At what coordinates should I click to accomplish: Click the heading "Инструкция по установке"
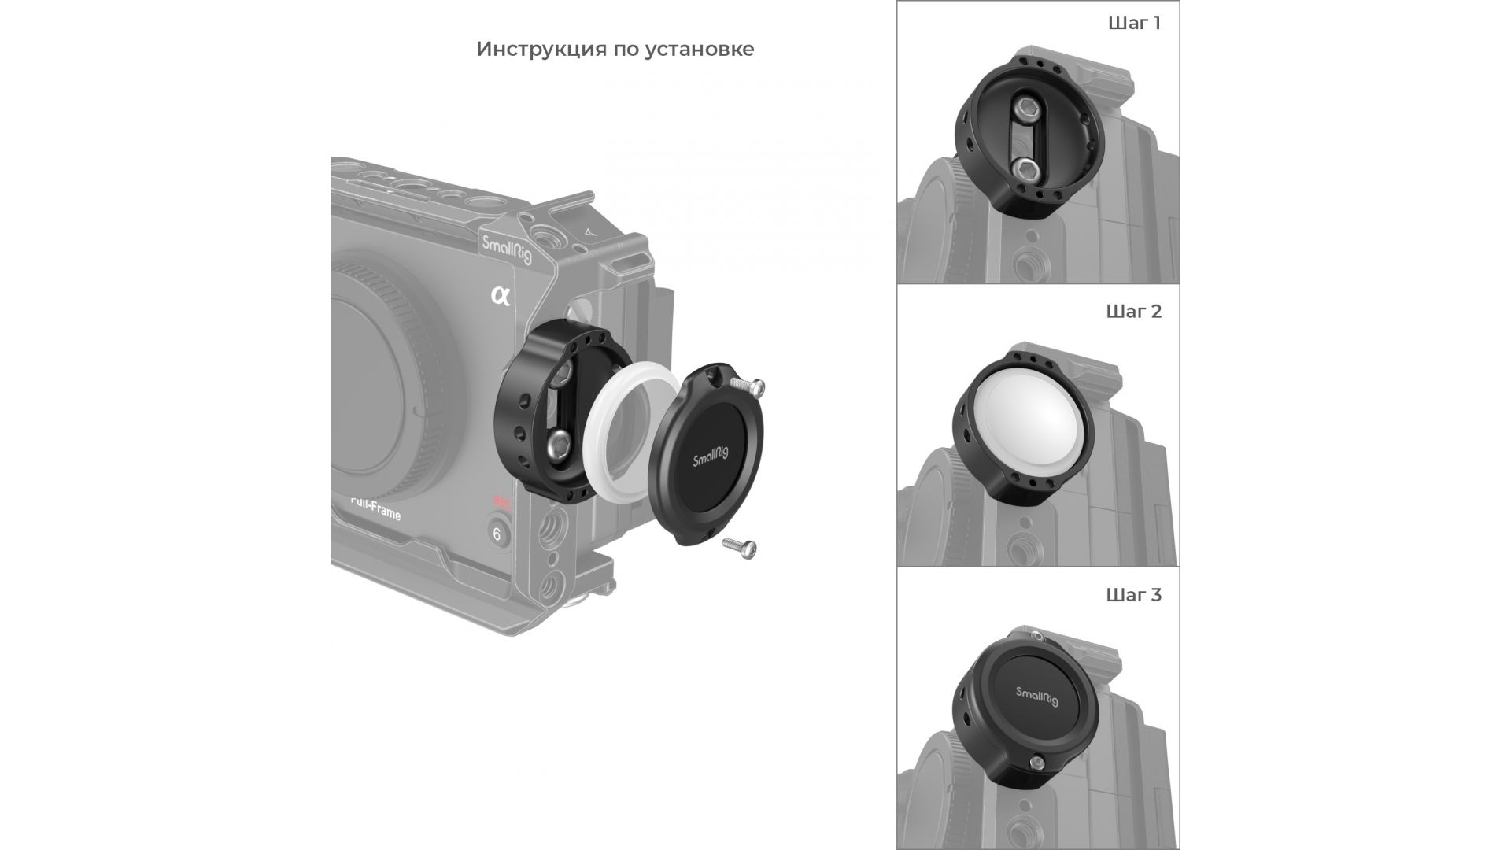tap(615, 50)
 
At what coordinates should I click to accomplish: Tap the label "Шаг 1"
tap(1134, 23)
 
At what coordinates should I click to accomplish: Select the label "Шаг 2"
tap(1134, 311)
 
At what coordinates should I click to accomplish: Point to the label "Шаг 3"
tap(1134, 594)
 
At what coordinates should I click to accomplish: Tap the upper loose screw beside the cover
tap(748, 385)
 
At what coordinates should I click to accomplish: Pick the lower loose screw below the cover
tap(739, 545)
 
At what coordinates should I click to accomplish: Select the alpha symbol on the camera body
tap(501, 296)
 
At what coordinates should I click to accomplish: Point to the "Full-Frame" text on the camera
tap(375, 508)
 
